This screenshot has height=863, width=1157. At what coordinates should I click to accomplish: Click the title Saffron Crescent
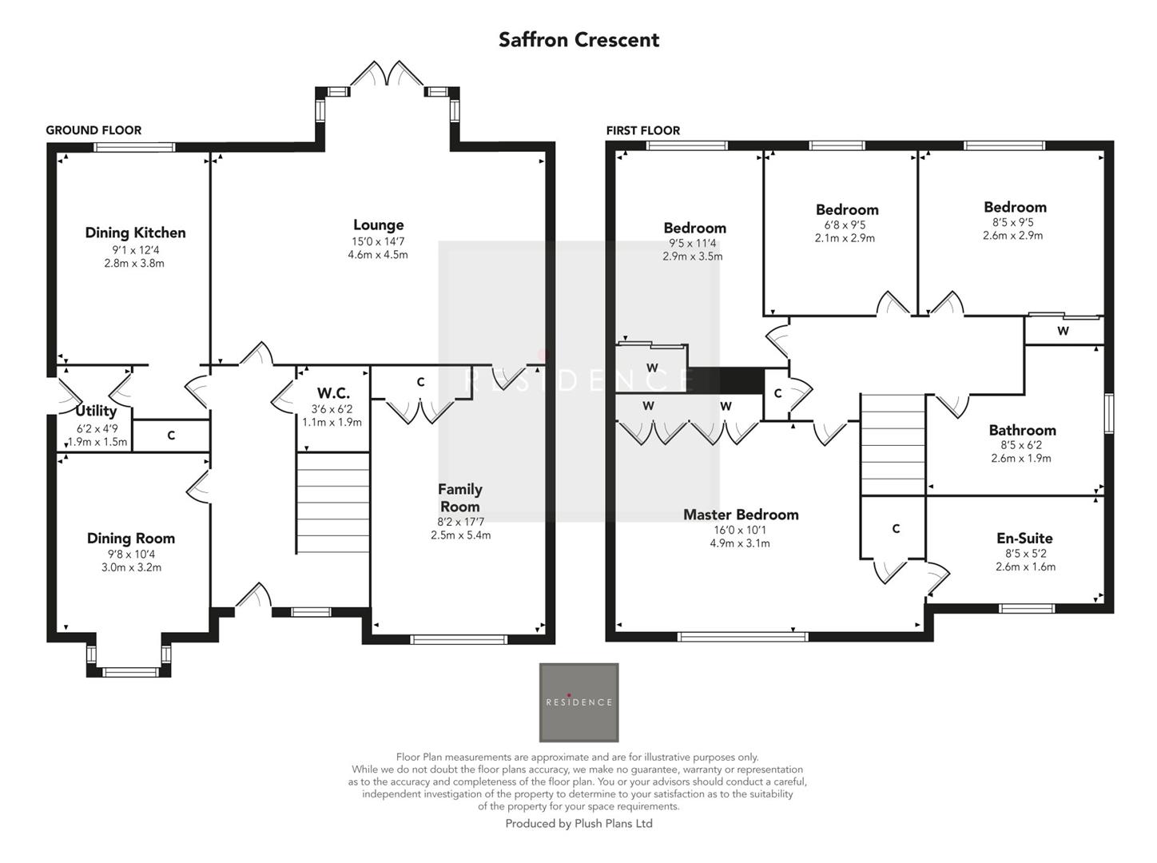578,40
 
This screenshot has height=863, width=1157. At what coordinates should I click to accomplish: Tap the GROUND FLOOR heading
93,130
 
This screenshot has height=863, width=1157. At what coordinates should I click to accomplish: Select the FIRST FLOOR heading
642,130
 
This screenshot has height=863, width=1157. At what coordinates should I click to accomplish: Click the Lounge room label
378,225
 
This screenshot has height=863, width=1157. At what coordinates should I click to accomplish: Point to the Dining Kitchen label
135,233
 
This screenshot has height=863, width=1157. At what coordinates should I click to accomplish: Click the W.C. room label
332,393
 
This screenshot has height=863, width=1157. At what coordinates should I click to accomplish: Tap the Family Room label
459,498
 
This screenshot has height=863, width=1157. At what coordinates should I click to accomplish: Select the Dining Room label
131,539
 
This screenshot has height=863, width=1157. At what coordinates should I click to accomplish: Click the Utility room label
96,411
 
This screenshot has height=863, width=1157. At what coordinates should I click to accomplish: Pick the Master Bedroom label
741,515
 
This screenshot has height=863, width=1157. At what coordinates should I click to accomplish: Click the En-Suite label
1024,539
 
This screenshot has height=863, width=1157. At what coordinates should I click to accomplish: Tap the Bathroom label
1022,430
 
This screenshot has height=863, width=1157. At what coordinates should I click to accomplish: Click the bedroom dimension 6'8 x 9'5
845,225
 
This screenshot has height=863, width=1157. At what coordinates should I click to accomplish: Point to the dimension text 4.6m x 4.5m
378,255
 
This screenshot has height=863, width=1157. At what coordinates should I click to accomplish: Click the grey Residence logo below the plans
578,702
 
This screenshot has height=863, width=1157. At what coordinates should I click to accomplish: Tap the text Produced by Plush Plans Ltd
578,824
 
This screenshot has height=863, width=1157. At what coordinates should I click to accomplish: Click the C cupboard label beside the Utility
171,435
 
